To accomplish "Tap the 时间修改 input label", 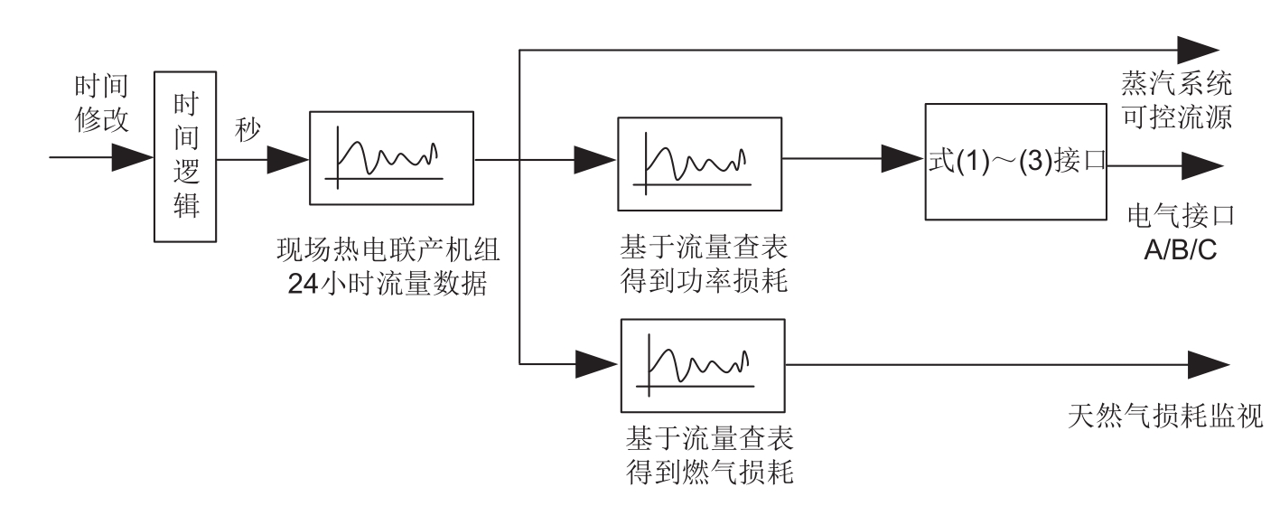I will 102,103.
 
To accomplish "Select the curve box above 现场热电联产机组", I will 391,158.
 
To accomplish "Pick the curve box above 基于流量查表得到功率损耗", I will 698,159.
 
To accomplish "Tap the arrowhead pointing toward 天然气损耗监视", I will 1209,364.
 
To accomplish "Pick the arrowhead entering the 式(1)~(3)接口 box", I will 903,159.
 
